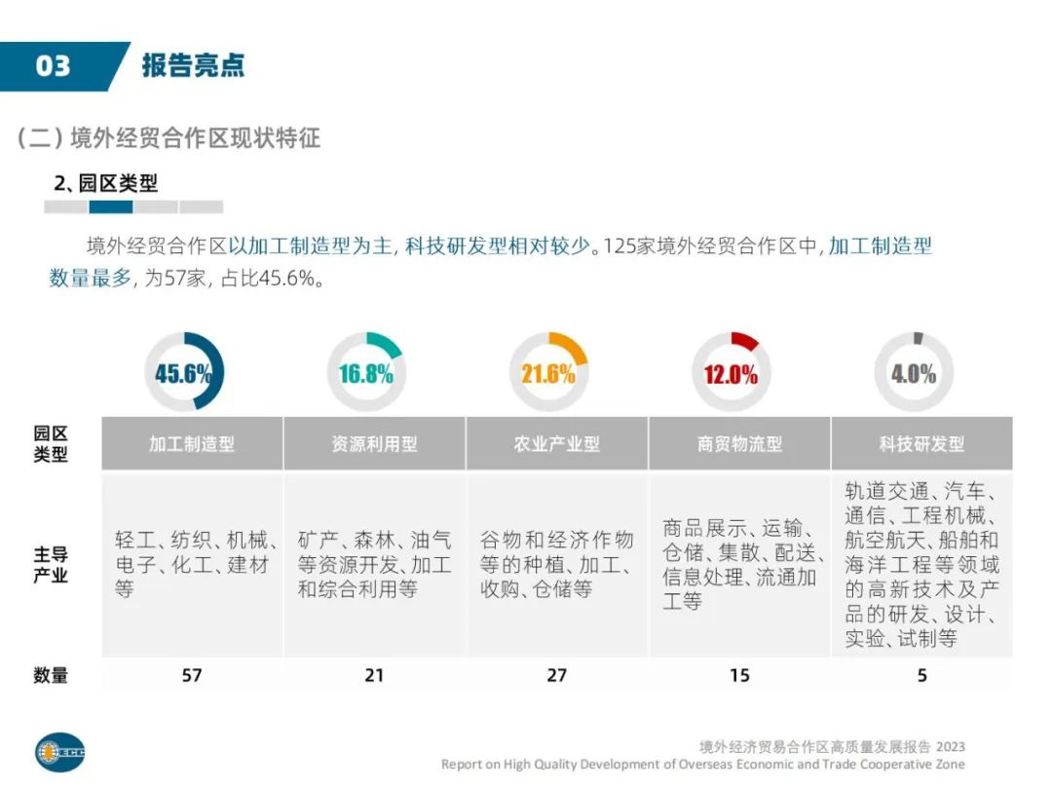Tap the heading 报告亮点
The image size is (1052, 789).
[x=193, y=65]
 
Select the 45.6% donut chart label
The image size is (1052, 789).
[x=183, y=373]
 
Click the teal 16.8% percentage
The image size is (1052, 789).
[x=366, y=373]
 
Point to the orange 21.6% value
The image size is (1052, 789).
[x=547, y=373]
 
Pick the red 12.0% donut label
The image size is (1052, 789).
[x=731, y=374]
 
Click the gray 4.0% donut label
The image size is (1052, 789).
[x=913, y=373]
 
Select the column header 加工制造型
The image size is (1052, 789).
[x=192, y=444]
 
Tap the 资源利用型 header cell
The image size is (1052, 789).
[x=374, y=444]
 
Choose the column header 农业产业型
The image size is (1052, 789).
[x=556, y=444]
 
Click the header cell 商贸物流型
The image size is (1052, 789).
[x=739, y=444]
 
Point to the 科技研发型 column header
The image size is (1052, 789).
[x=921, y=444]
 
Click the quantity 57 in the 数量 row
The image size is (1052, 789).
[x=192, y=674]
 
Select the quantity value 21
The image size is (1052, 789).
[x=374, y=674]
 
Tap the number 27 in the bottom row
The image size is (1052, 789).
[x=556, y=674]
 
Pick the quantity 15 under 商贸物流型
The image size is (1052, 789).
[x=739, y=674]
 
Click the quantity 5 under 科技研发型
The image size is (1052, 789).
[x=921, y=674]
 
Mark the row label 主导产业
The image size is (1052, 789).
[x=51, y=565]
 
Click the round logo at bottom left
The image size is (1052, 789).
[x=60, y=751]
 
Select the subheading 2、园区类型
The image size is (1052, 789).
[x=106, y=183]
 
